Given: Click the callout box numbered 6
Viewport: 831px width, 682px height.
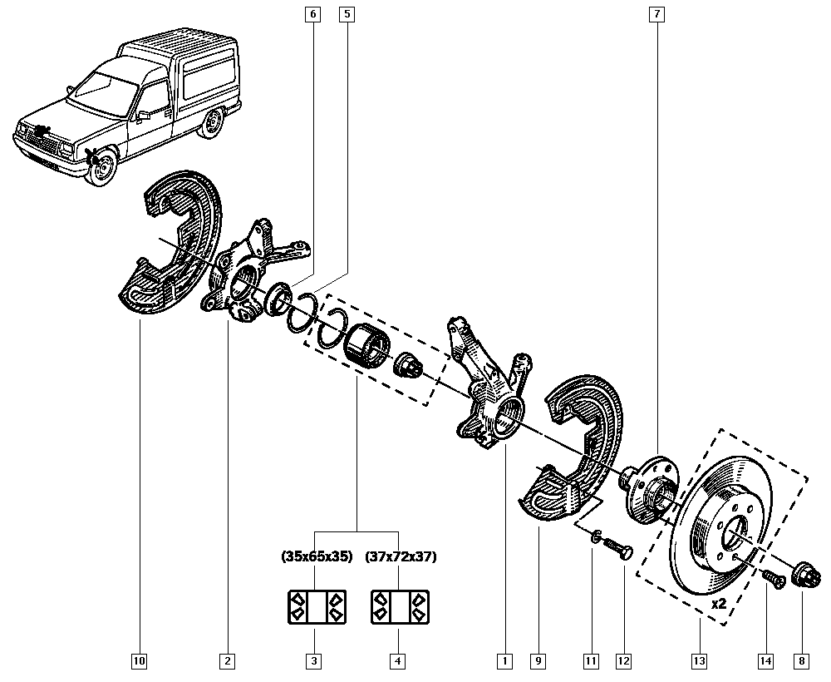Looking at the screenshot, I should point(312,14).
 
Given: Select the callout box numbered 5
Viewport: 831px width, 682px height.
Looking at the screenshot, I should point(347,14).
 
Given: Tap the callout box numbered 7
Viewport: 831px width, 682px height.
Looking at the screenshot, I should point(656,14).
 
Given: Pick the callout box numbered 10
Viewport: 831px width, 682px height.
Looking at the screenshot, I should point(139,661).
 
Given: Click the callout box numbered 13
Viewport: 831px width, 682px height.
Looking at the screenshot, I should point(699,661).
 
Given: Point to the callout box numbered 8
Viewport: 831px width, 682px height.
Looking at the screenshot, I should point(801,661).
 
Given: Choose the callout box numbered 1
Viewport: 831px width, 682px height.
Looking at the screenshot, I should point(503,661).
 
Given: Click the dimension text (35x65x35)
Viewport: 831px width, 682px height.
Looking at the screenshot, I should point(317,556).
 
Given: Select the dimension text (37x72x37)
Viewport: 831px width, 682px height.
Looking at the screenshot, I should point(401,556).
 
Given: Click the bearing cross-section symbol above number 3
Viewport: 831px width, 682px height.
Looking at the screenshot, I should point(316,606).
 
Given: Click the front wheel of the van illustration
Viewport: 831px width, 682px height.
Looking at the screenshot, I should point(101,170).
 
